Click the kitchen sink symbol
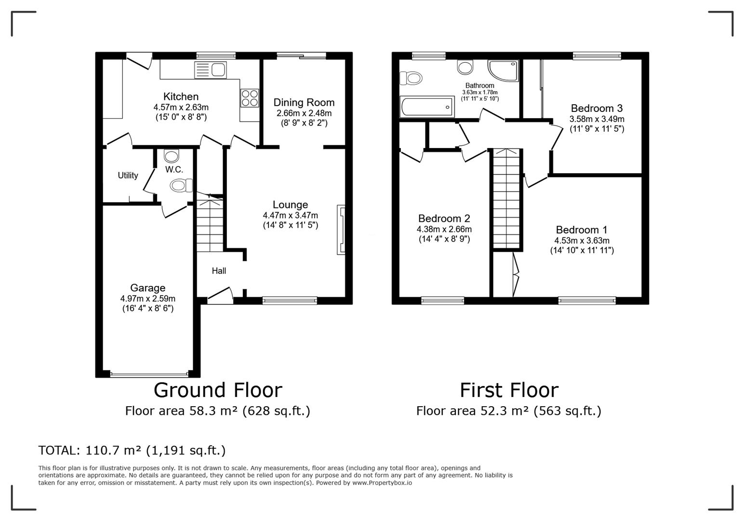coord(211,70)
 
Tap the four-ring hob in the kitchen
coord(250,98)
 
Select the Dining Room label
coord(304,102)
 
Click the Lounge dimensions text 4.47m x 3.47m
coord(290,215)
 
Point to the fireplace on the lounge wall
coord(341,230)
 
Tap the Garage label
coord(147,288)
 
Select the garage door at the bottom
coord(149,374)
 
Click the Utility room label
coord(128,176)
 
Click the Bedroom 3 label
coord(597,108)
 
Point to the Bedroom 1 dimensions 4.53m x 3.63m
coord(582,240)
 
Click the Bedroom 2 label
coord(444,219)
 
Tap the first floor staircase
coord(506,198)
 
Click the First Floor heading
coord(509,390)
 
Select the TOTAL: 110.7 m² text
coord(132,450)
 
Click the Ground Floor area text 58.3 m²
coord(217,411)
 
